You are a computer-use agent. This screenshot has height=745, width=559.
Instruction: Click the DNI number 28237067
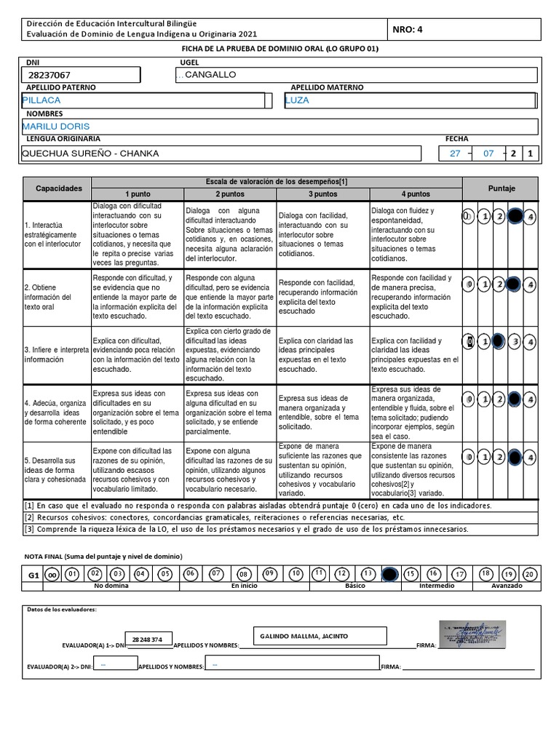[50, 75]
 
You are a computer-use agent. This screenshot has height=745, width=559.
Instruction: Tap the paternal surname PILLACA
[41, 100]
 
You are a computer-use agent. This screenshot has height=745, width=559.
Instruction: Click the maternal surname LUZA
[298, 100]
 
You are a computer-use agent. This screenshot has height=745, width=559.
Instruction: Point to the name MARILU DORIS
[55, 127]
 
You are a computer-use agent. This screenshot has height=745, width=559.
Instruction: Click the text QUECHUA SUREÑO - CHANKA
[91, 154]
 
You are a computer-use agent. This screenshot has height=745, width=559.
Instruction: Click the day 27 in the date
[455, 154]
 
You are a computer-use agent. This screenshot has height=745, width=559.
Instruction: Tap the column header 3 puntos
[323, 194]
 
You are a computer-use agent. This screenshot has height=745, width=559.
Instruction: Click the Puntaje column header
[501, 188]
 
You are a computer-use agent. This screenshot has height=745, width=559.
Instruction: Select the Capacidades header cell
[59, 188]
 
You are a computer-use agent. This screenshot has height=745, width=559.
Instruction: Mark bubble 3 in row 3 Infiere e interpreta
[515, 341]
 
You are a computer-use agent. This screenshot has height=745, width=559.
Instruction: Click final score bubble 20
[530, 574]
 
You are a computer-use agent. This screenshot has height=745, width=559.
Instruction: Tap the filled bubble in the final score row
[389, 574]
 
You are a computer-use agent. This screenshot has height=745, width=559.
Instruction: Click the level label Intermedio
[436, 585]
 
